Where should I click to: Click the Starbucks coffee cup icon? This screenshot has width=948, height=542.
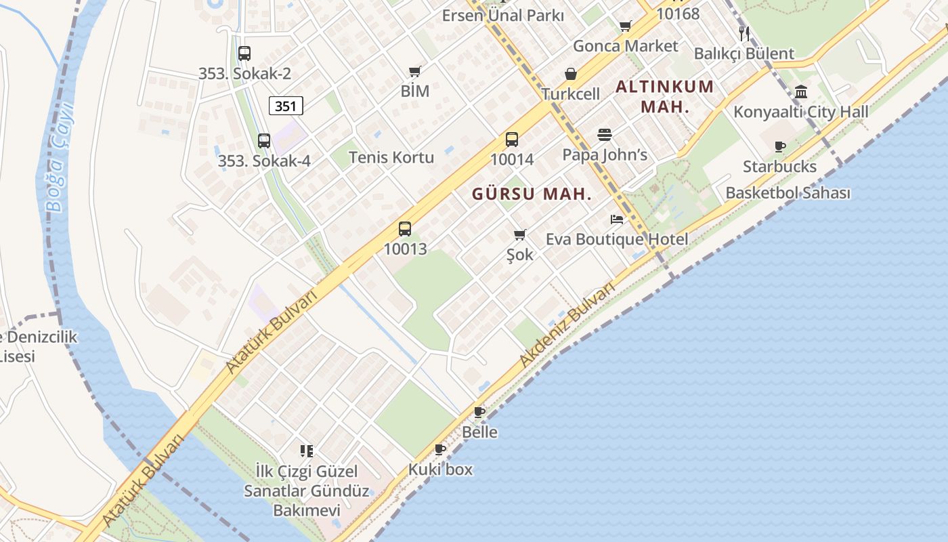click(x=780, y=146)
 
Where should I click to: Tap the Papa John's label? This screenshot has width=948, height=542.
click(x=605, y=155)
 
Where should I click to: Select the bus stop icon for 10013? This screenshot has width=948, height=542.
click(x=405, y=229)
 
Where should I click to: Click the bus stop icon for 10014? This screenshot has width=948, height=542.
click(x=512, y=140)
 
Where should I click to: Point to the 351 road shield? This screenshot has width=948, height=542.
click(x=286, y=106)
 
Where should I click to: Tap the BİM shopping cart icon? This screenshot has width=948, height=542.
click(x=415, y=71)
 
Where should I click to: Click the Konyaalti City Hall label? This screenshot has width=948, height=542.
click(x=801, y=112)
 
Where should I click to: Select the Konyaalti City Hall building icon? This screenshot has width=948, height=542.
click(x=801, y=91)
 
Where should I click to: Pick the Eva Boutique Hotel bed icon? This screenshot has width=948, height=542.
click(x=616, y=220)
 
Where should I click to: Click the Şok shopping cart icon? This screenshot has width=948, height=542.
click(x=519, y=235)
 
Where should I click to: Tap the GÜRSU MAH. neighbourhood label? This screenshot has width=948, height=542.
click(x=532, y=194)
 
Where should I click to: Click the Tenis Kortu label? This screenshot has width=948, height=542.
click(x=391, y=158)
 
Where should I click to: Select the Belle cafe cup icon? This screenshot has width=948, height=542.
click(x=479, y=412)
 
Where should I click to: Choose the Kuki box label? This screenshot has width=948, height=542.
click(x=440, y=469)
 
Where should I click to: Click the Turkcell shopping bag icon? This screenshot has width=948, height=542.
click(x=571, y=74)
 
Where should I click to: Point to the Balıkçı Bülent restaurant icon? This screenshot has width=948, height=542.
click(x=744, y=33)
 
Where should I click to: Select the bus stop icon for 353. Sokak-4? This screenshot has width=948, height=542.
click(x=264, y=141)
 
